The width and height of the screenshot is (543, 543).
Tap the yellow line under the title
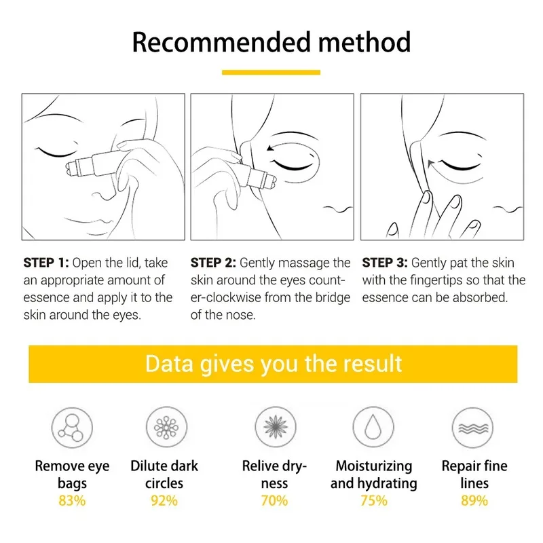pyautogui.click(x=271, y=72)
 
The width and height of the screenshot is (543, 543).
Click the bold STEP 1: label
pyautogui.click(x=46, y=263)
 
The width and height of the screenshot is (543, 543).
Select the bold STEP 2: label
pyautogui.click(x=213, y=263)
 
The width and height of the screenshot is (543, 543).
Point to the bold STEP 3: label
pyautogui.click(x=385, y=263)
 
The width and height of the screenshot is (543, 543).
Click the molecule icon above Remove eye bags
pyautogui.click(x=72, y=428)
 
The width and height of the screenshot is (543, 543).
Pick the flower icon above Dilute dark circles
pyautogui.click(x=165, y=428)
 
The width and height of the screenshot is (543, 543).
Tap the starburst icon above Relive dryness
pyautogui.click(x=274, y=428)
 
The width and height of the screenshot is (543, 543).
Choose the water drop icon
pyautogui.click(x=374, y=428)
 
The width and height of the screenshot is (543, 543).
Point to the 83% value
pyautogui.click(x=72, y=501)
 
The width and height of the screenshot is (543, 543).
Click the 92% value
pyautogui.click(x=165, y=501)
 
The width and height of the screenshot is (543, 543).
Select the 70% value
pyautogui.click(x=274, y=501)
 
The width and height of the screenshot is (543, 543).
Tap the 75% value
pyautogui.click(x=374, y=501)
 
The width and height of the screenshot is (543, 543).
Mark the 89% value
pyautogui.click(x=474, y=501)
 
